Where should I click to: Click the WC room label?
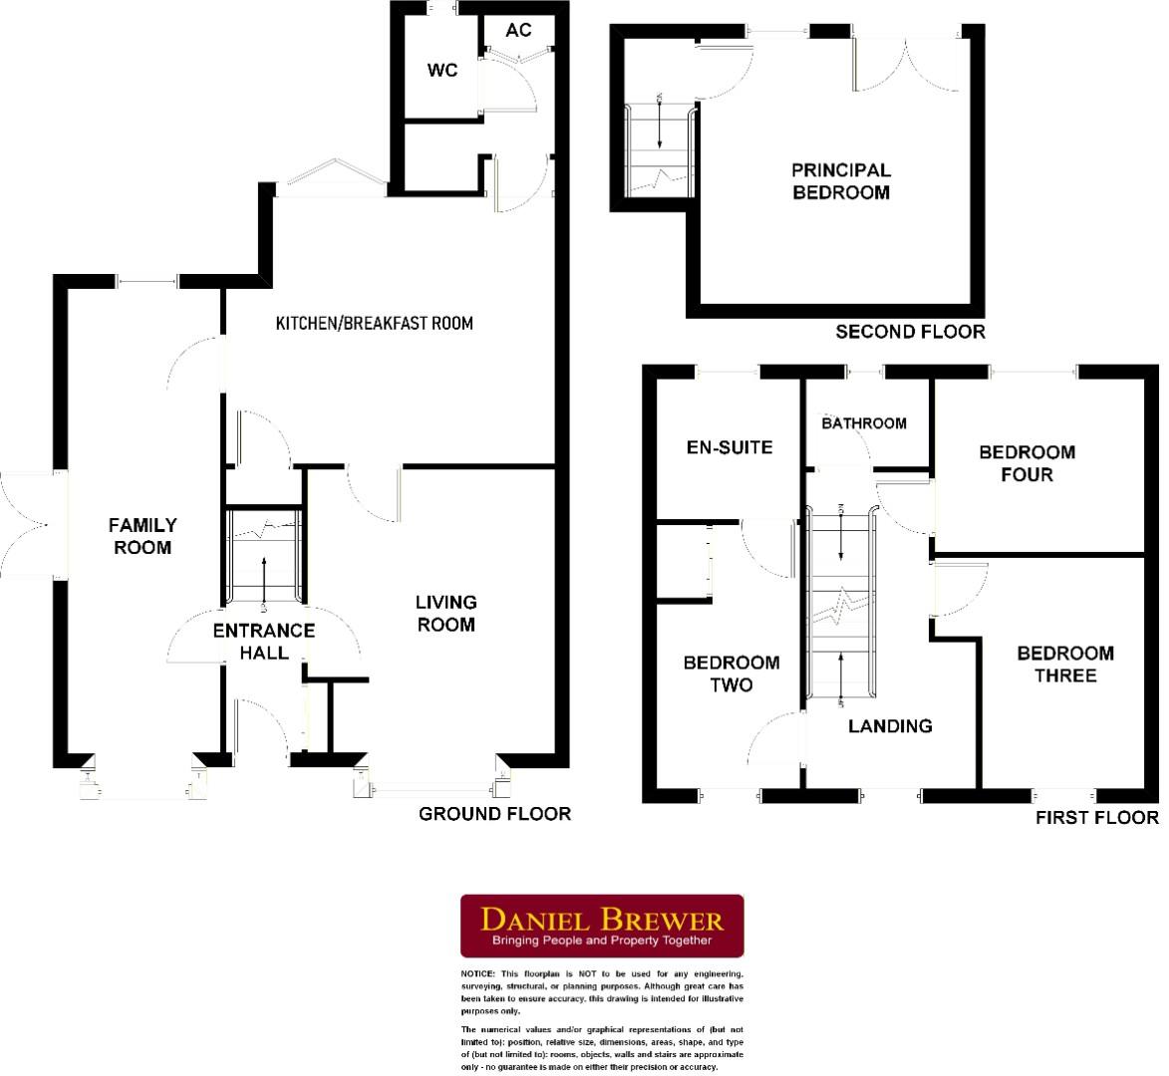[442, 71]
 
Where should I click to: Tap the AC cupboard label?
[518, 30]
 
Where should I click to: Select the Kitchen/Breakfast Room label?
[374, 323]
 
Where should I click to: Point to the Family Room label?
[143, 536]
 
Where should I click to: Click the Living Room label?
[445, 613]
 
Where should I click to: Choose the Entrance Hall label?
[264, 642]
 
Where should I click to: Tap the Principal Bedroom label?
[841, 181]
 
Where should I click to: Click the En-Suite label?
[730, 447]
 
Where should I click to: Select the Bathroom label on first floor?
[864, 423]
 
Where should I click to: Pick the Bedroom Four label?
[1027, 463]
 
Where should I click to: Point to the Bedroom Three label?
[1065, 665]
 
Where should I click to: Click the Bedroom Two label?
[731, 673]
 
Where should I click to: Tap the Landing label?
[890, 725]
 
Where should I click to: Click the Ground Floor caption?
[494, 814]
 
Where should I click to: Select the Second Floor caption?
[910, 332]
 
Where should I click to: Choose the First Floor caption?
[1096, 818]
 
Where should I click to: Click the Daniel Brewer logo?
[602, 926]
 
